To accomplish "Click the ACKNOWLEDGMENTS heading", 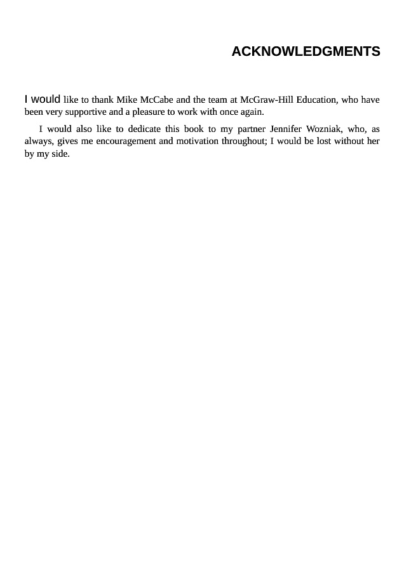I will point(306,52).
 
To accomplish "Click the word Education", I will point(316,100).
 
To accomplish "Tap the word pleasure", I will point(148,112).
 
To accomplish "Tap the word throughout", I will point(243,141).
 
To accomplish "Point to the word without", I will point(352,141).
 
